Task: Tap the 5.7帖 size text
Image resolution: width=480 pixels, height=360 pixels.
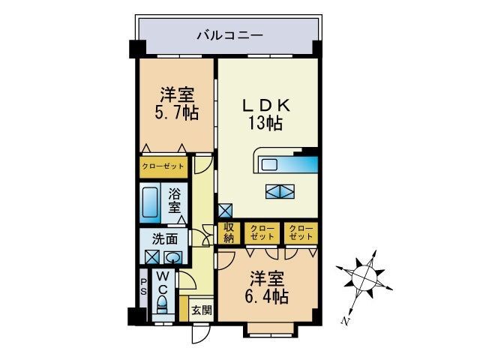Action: click(x=178, y=113)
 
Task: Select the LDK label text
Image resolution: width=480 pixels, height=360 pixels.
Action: click(x=266, y=106)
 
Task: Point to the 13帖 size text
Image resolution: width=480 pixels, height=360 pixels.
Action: click(x=266, y=123)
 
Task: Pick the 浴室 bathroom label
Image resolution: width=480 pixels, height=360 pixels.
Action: click(x=174, y=200)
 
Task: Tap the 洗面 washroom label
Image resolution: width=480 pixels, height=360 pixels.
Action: click(x=165, y=240)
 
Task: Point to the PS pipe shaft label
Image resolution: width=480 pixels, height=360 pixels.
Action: click(x=143, y=287)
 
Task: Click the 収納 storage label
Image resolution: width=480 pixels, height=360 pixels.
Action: click(x=228, y=233)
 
